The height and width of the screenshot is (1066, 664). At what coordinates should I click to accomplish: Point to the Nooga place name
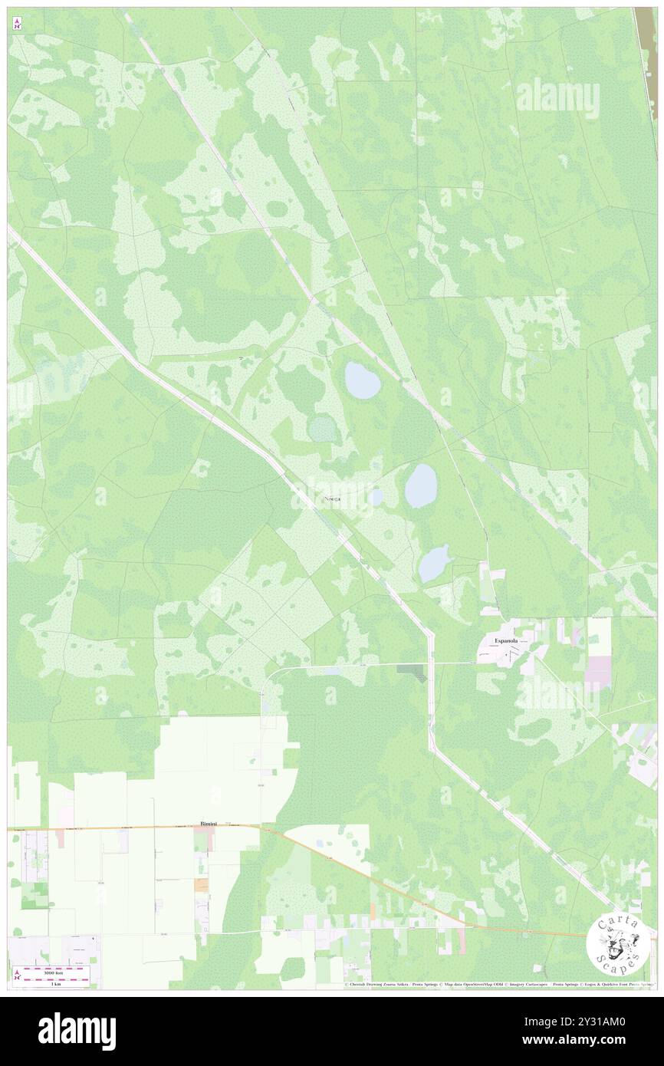click(x=333, y=499)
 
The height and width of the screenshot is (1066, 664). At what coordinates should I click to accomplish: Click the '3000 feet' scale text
click(x=54, y=972)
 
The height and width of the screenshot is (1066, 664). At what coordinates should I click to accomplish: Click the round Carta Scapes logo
click(x=617, y=943)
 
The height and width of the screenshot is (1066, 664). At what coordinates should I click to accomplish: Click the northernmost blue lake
click(x=362, y=380)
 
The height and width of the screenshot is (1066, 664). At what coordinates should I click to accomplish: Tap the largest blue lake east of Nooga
click(x=421, y=485)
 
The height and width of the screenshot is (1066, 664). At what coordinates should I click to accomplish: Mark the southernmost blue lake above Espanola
click(x=434, y=564)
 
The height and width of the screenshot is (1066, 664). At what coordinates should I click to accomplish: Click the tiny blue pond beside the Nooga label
click(x=375, y=497)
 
